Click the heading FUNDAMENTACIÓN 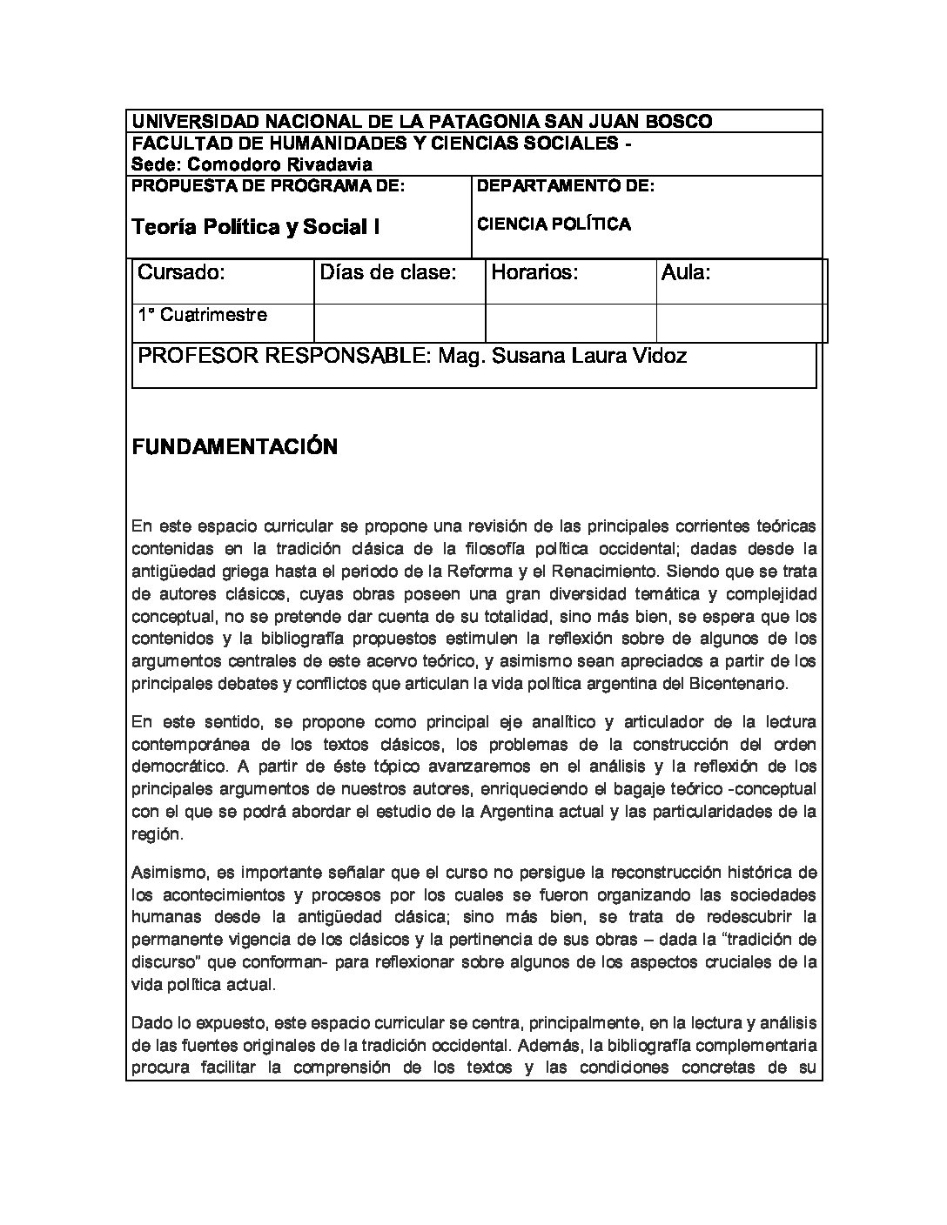pyautogui.click(x=233, y=447)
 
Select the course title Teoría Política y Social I pyautogui.click(x=255, y=227)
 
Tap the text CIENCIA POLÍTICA pyautogui.click(x=554, y=224)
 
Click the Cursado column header pyautogui.click(x=182, y=272)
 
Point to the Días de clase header pyautogui.click(x=388, y=272)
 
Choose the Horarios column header pyautogui.click(x=535, y=272)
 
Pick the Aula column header pyautogui.click(x=687, y=272)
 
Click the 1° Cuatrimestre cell pyautogui.click(x=203, y=315)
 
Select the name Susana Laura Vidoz pyautogui.click(x=589, y=356)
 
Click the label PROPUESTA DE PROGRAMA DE pyautogui.click(x=268, y=185)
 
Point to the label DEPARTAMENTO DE pyautogui.click(x=566, y=185)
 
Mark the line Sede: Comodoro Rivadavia pyautogui.click(x=252, y=164)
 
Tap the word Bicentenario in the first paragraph pyautogui.click(x=737, y=684)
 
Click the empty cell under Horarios pyautogui.click(x=570, y=323)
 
